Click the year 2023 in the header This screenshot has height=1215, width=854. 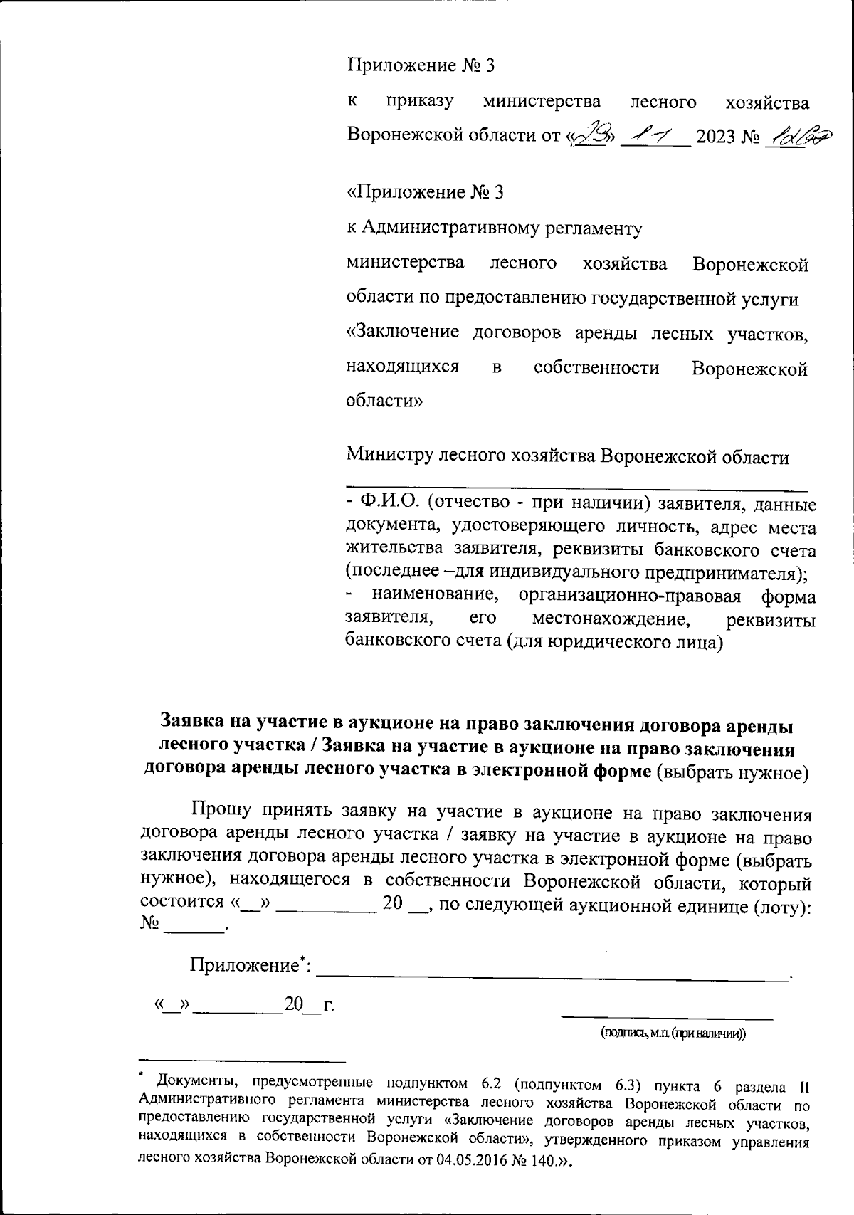point(715,135)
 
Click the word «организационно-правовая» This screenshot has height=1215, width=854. point(630,596)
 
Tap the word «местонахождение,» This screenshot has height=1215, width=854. point(611,619)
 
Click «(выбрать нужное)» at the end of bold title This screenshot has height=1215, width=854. point(732,771)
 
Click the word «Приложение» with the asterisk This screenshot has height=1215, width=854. point(243,966)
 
